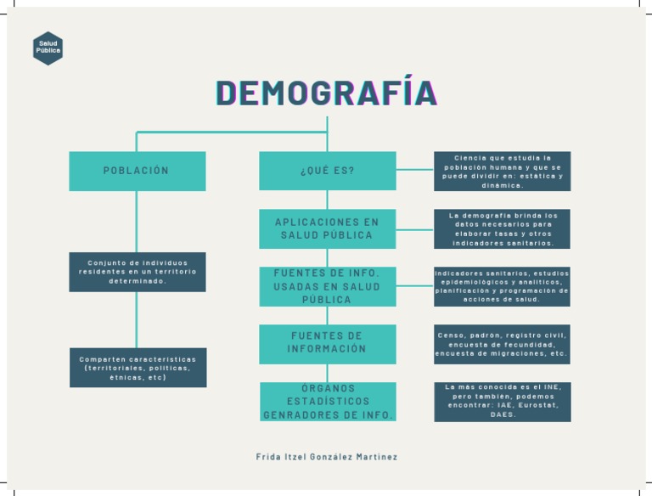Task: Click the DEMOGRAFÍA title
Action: click(x=327, y=94)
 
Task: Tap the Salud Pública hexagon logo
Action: click(x=48, y=48)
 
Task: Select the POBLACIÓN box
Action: click(x=137, y=171)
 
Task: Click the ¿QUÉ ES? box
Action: click(x=327, y=171)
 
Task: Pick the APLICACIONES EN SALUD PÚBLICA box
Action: click(x=327, y=228)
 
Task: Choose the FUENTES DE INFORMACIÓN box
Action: click(x=327, y=343)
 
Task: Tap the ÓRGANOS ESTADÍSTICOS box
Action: click(x=327, y=401)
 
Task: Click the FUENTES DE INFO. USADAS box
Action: click(x=327, y=286)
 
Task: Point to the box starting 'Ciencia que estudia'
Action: click(x=502, y=171)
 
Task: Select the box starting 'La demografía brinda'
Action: click(x=502, y=228)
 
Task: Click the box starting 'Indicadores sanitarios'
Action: click(x=502, y=286)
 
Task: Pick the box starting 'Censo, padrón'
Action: click(x=502, y=343)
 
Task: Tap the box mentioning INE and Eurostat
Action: click(x=502, y=401)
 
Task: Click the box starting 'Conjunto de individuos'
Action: click(x=137, y=272)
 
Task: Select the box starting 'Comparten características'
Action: click(x=138, y=368)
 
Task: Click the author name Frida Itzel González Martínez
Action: click(x=327, y=457)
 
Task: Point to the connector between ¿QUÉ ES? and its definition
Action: click(x=414, y=170)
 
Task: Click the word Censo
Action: click(x=450, y=335)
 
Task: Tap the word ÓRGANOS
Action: click(x=327, y=388)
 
